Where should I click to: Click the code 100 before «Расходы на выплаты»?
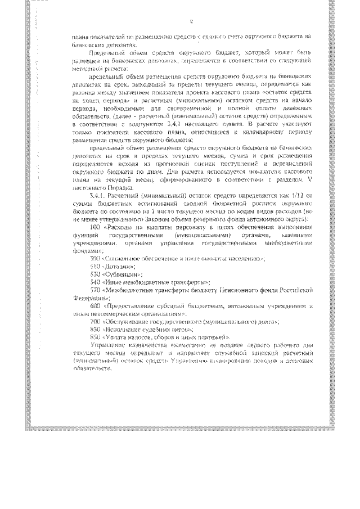tap(94, 226)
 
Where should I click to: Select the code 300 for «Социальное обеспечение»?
tap(94, 258)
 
